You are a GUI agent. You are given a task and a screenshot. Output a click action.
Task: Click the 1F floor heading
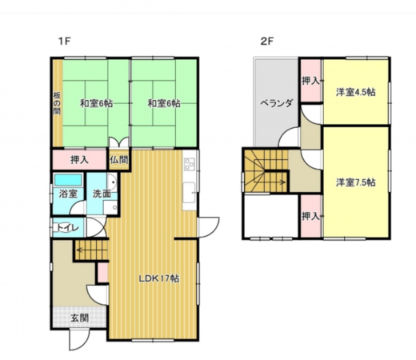(x=64, y=42)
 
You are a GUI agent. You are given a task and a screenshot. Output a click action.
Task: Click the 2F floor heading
(x=267, y=42)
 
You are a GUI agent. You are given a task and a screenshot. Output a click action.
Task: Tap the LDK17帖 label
(x=159, y=278)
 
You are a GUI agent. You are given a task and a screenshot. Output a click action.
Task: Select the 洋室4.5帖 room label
(x=356, y=92)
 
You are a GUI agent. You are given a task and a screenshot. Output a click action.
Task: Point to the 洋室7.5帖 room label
(x=356, y=182)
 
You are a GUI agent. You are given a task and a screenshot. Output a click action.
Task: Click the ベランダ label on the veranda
(x=277, y=103)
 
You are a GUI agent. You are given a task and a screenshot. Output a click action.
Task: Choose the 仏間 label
(x=119, y=160)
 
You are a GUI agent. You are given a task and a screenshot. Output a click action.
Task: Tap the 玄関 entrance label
(x=79, y=318)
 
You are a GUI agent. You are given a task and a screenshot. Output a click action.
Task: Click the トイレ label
(x=68, y=228)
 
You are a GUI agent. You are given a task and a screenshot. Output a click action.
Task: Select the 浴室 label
(x=68, y=194)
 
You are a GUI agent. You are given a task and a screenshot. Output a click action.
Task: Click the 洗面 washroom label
(x=102, y=194)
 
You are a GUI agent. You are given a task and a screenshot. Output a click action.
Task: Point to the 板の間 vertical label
(x=57, y=103)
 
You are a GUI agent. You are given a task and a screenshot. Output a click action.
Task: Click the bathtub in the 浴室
(x=68, y=180)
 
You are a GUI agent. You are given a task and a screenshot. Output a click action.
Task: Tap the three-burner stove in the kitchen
(x=190, y=164)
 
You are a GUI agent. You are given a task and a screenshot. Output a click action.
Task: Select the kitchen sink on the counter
(x=190, y=192)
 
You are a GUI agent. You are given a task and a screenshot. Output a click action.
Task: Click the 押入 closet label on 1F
(x=79, y=160)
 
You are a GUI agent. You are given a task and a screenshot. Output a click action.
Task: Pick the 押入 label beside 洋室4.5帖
(x=310, y=81)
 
